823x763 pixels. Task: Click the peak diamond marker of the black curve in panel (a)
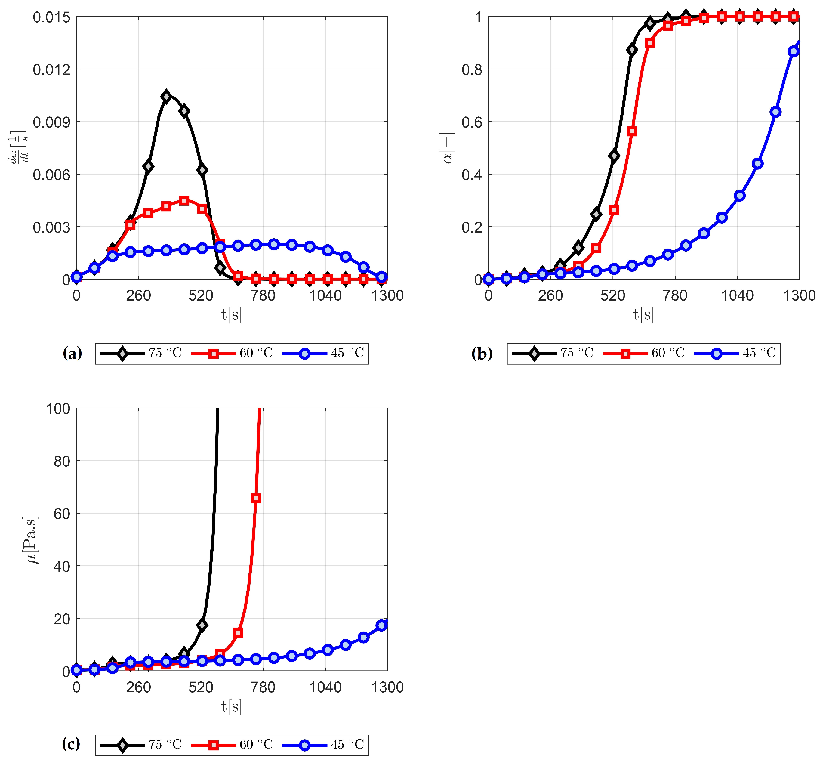pos(166,97)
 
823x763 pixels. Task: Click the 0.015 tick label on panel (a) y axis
pos(52,17)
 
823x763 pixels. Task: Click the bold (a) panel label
pos(72,354)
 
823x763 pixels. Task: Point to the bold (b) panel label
pos(482,354)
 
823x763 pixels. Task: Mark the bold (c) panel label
pos(71,744)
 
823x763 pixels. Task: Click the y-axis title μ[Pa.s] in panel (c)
pos(31,540)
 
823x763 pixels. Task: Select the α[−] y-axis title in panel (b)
pos(447,148)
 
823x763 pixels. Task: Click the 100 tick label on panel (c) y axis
pos(58,409)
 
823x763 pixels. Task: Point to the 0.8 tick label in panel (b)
pos(472,70)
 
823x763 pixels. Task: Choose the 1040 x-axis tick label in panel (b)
pos(737,296)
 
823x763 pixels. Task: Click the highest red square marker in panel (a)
pos(184,201)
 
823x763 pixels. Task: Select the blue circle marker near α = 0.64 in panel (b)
pos(775,112)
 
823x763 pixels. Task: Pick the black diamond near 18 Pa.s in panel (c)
pos(202,625)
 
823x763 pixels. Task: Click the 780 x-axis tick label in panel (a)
pos(263,296)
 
